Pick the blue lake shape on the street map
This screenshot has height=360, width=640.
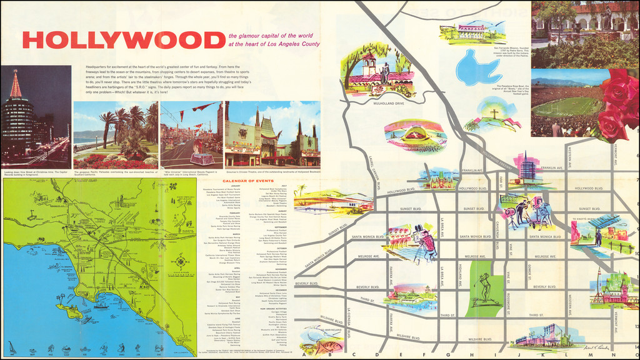pyautogui.click(x=479, y=68)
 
